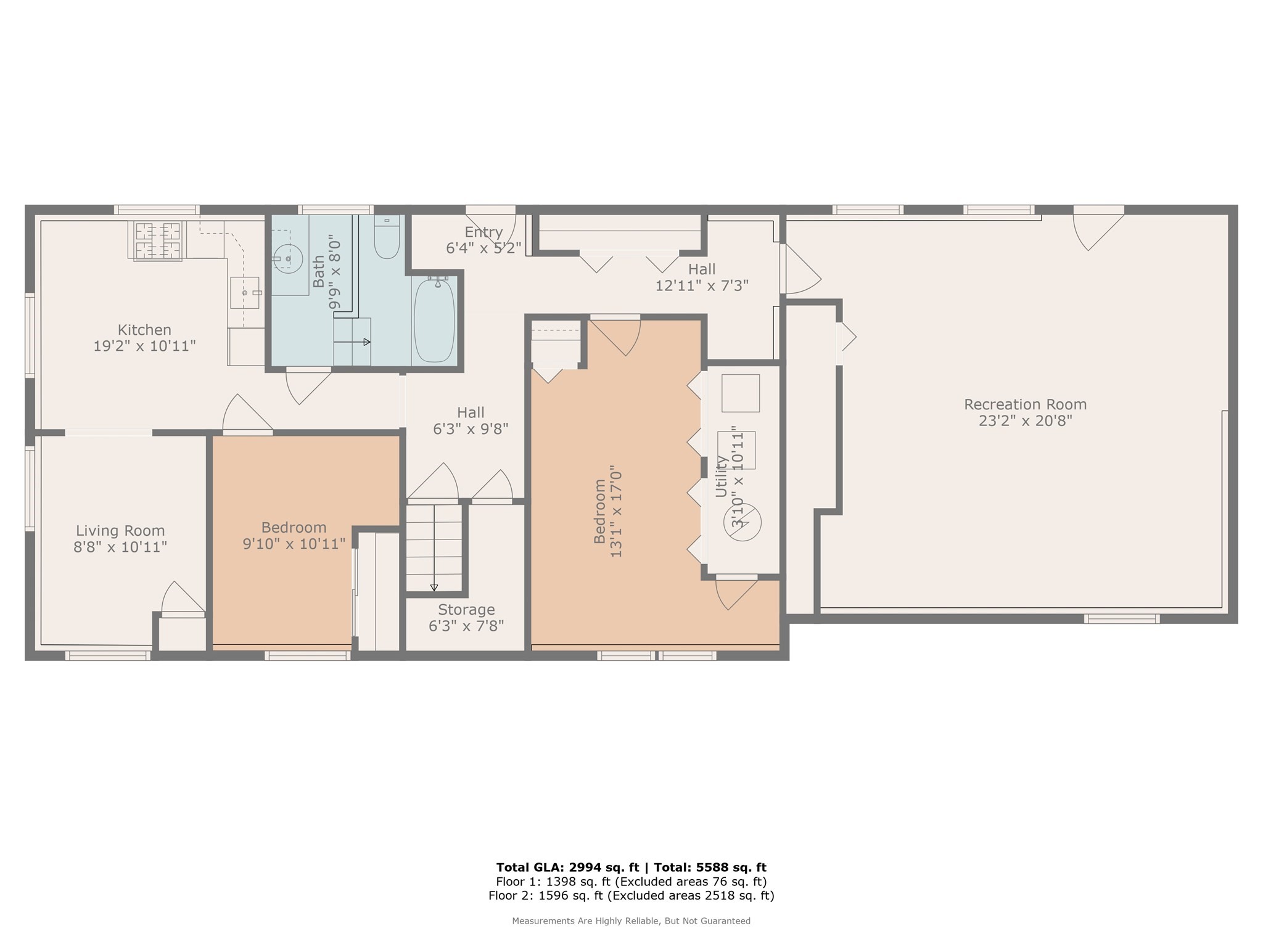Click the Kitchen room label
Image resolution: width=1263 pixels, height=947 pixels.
point(144,330)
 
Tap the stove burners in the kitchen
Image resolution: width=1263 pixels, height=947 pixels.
point(158,240)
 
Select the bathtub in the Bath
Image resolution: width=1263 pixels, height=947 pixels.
point(434,320)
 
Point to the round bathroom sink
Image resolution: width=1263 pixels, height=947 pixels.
point(287,259)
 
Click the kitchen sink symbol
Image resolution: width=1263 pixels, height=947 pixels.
point(245,293)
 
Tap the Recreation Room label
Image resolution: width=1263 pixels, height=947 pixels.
point(1025,404)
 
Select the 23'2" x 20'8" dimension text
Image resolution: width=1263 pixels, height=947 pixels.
point(1025,421)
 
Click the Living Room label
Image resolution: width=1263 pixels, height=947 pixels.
point(120,530)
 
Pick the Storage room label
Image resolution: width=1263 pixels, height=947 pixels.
point(466,610)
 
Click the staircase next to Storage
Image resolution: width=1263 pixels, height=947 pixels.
point(434,547)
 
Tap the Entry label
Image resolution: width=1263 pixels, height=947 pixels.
point(483,232)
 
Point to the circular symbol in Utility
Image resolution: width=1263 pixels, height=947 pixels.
point(743,523)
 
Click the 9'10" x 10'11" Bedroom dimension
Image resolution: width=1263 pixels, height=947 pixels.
point(294,544)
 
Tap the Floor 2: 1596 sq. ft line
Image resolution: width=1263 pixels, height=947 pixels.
point(631,896)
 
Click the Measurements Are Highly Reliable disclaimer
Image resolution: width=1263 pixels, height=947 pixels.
point(631,921)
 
